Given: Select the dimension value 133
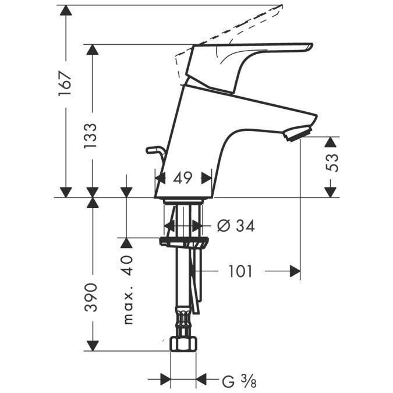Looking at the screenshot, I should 90,136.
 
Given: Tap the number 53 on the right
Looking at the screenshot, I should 331,163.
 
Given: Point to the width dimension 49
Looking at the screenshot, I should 183,178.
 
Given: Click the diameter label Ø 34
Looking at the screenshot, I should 236,225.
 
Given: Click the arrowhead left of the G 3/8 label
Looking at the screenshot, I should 201,382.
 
